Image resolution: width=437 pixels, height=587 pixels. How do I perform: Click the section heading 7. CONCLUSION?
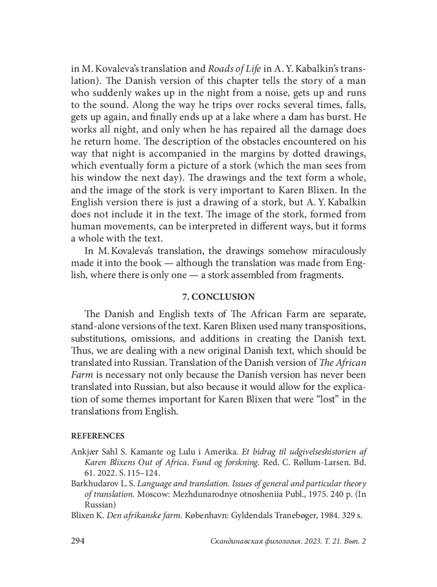point(218,297)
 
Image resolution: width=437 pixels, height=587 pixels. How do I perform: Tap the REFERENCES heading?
point(98,436)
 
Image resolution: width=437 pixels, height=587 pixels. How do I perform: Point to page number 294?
point(78,541)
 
